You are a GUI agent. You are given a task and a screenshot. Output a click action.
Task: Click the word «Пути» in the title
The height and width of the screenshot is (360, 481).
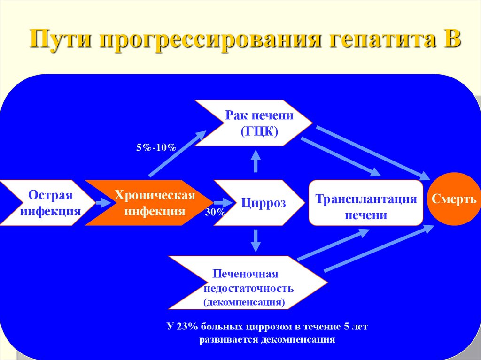59,40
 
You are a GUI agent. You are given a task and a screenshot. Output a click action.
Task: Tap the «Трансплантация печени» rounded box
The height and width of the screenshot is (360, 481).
365,203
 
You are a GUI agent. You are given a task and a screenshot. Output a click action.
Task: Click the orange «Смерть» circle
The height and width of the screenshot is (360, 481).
454,199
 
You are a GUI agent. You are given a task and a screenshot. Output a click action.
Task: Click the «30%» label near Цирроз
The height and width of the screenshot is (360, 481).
215,213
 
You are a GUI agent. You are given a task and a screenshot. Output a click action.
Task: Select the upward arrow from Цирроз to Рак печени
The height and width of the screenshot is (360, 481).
256,162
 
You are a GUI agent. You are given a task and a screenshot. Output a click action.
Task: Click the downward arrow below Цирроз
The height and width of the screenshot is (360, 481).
256,240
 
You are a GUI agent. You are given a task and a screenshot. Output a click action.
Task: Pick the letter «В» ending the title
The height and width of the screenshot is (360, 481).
452,40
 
